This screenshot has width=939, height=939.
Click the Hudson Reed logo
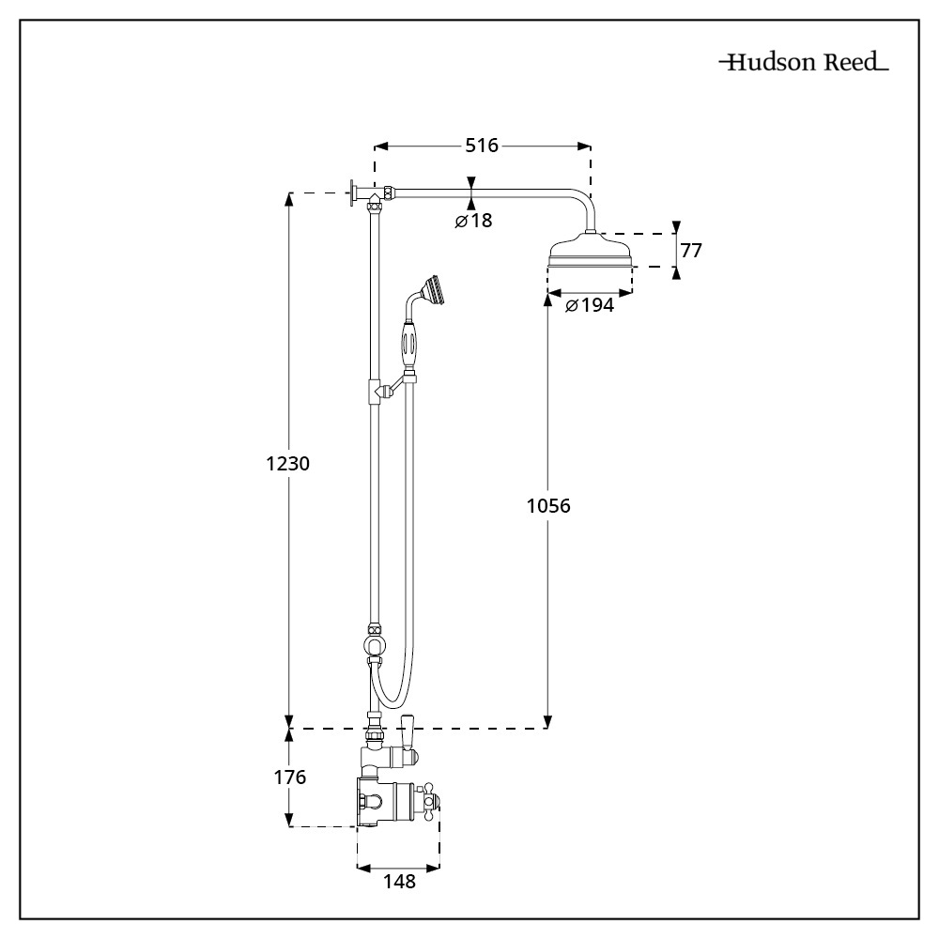[x=804, y=64]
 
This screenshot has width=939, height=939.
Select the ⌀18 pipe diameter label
[x=473, y=221]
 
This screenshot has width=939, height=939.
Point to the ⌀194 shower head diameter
[x=590, y=305]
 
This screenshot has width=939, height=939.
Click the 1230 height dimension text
[x=288, y=464]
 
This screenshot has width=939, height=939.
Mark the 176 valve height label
[x=288, y=777]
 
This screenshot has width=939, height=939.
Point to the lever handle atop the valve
[x=408, y=733]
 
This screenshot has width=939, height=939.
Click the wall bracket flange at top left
[x=353, y=194]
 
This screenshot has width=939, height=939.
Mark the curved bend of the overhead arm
[x=582, y=201]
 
